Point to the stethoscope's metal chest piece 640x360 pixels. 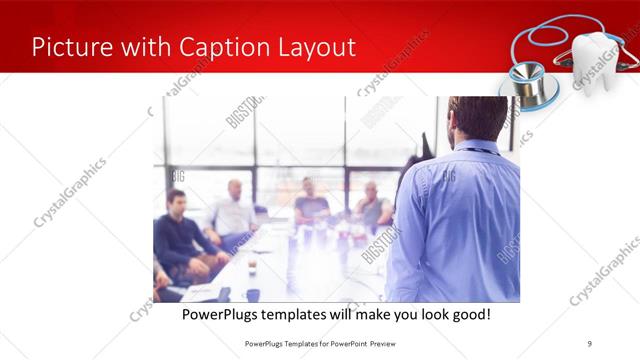coord(522,79)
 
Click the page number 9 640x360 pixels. coord(591,343)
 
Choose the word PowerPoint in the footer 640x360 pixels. coord(347,343)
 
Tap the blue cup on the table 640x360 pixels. coord(253,294)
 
